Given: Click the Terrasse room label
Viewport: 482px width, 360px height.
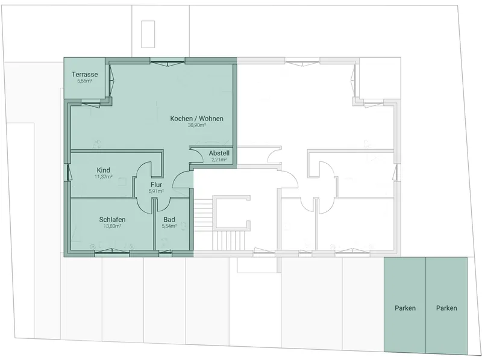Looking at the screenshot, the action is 84,74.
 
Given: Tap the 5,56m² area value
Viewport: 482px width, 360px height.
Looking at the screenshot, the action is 85,81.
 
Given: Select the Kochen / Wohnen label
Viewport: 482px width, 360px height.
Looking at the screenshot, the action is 197,119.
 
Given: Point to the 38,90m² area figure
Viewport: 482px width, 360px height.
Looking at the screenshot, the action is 197,125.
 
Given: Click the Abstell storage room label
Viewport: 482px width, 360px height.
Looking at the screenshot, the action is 219,153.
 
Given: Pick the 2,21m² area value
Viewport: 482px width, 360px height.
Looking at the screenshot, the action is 219,160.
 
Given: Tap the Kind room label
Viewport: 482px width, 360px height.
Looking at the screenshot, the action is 103,170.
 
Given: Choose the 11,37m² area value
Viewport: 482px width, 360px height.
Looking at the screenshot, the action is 103,176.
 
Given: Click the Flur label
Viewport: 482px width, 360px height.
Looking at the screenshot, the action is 156,185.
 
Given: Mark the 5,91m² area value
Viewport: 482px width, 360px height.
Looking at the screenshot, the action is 156,191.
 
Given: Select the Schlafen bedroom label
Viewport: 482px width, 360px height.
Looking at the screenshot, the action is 112,220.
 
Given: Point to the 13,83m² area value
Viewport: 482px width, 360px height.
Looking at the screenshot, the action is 112,226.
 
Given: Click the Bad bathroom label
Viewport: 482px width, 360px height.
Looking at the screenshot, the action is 169,220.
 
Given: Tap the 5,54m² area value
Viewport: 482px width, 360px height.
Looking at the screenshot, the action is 169,226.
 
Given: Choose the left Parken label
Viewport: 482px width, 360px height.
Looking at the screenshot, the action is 405,308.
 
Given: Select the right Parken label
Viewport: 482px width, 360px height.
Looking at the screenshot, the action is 446,308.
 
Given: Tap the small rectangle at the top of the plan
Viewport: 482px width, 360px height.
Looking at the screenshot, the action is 148,34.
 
